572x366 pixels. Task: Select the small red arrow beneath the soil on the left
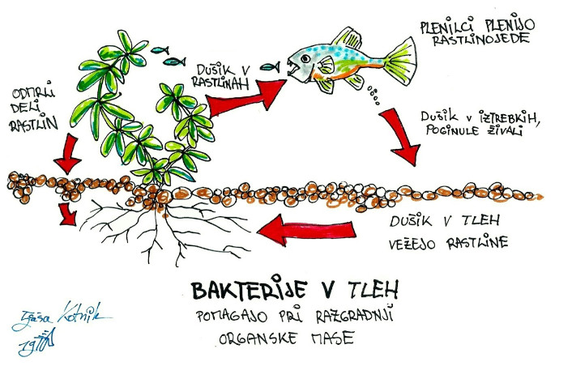tap(70, 215)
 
